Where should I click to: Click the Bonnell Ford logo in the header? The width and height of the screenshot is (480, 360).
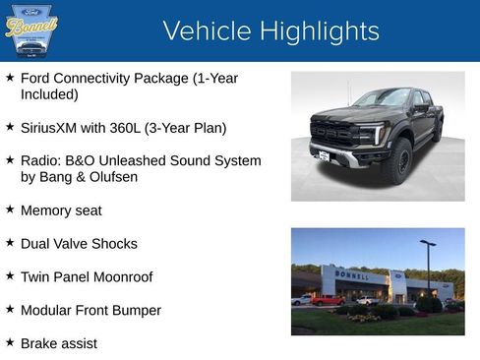coord(32,31)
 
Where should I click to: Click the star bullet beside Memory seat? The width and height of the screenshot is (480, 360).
coord(10,210)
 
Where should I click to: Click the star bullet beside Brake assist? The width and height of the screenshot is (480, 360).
coord(10,343)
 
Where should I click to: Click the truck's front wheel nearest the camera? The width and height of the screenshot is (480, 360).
coord(398,161)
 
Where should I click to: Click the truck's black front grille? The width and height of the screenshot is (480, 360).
coord(334,132)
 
